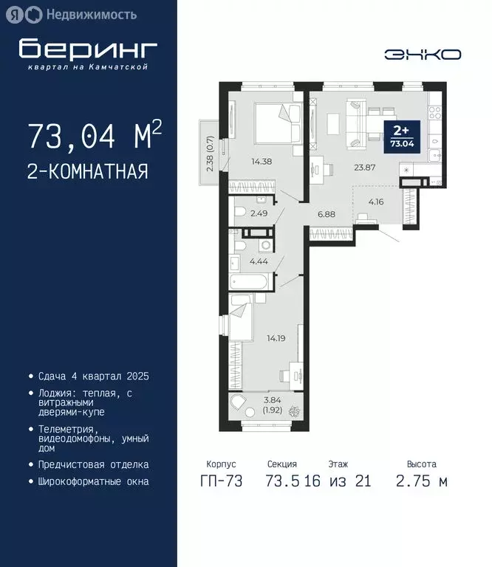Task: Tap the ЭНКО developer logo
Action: pos(423,54)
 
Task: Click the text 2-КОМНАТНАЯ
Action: pos(87,172)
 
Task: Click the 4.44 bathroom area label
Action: pos(259,261)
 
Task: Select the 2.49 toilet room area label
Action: pos(259,214)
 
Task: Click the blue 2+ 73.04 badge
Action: pos(403,138)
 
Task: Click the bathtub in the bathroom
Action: pos(250,282)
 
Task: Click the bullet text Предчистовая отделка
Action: pos(93,465)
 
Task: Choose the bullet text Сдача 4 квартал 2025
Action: pos(93,377)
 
